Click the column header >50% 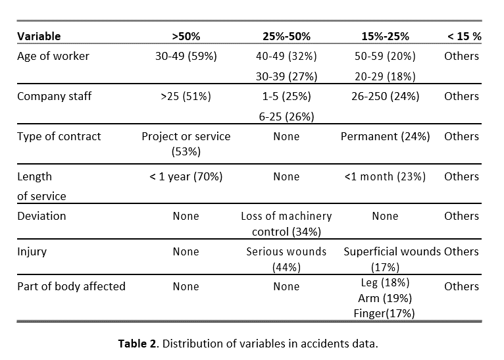tap(186, 36)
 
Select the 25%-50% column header tap(286, 36)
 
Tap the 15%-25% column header tap(385, 36)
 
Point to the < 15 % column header tap(465, 36)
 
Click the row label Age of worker tap(53, 56)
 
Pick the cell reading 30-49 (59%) tap(186, 56)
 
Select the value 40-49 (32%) tap(286, 56)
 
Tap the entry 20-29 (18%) tap(385, 76)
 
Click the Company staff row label tap(55, 97)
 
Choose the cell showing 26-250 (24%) tap(385, 97)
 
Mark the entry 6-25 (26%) tap(286, 116)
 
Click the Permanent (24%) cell tap(385, 137)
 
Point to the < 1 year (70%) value tap(186, 177)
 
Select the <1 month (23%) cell tap(385, 177)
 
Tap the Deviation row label tap(41, 216)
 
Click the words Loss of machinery tap(286, 216)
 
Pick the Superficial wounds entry tap(392, 251)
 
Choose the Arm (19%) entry tap(385, 299)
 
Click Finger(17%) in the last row tap(384, 313)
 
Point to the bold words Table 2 tap(138, 344)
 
